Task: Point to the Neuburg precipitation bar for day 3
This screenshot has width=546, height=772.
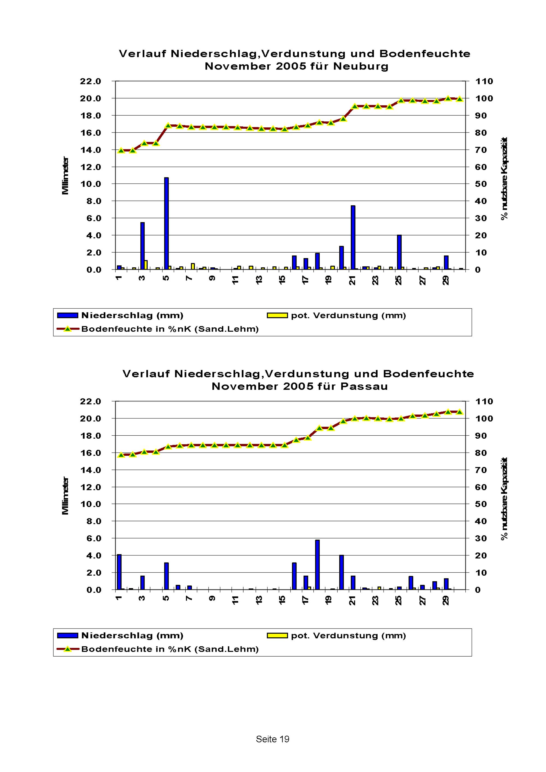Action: click(x=142, y=246)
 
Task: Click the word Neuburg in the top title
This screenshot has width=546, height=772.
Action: click(x=361, y=66)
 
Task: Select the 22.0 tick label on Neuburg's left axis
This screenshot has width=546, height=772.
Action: click(x=90, y=81)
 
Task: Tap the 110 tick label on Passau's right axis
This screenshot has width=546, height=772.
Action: click(x=484, y=402)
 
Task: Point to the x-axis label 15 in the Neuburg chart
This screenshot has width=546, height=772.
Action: click(x=282, y=280)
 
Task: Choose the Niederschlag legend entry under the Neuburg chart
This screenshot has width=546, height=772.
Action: click(x=132, y=315)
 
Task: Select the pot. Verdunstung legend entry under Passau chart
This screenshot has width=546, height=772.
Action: click(x=348, y=636)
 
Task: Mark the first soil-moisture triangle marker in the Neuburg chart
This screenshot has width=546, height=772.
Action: click(x=121, y=151)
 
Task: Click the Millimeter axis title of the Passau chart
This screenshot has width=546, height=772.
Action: click(x=65, y=496)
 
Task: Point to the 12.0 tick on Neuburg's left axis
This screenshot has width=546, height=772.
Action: click(x=90, y=167)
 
